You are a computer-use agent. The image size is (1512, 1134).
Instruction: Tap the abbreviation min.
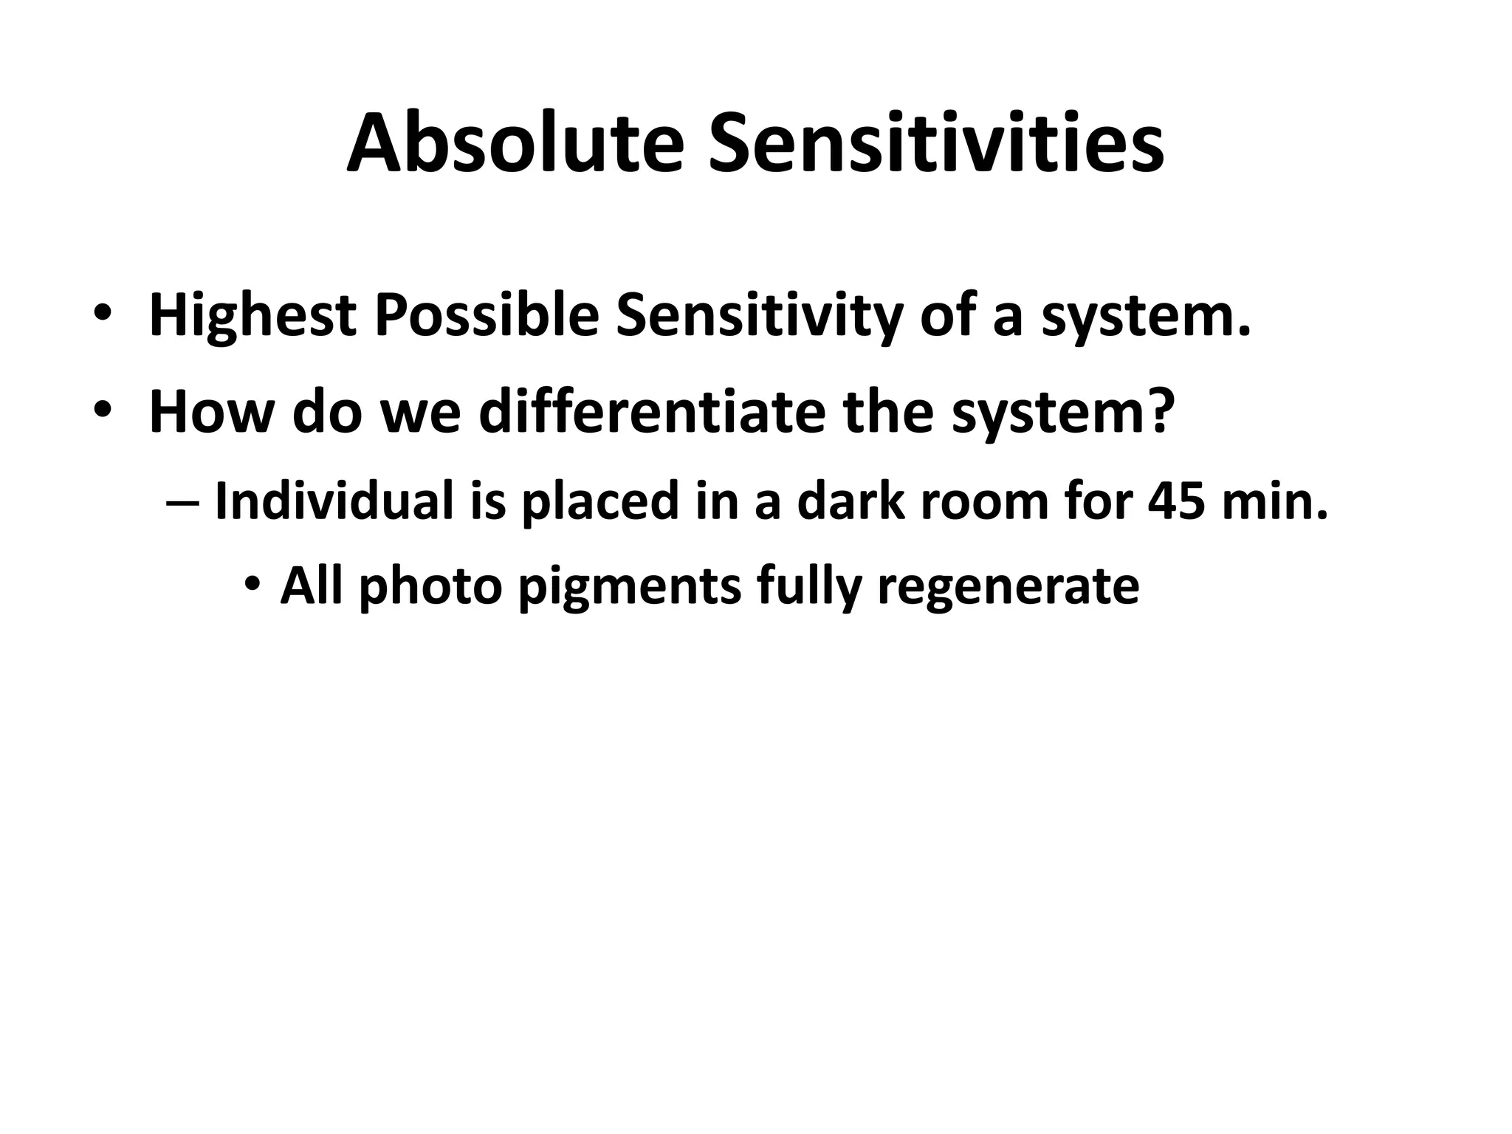[x=1274, y=501]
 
